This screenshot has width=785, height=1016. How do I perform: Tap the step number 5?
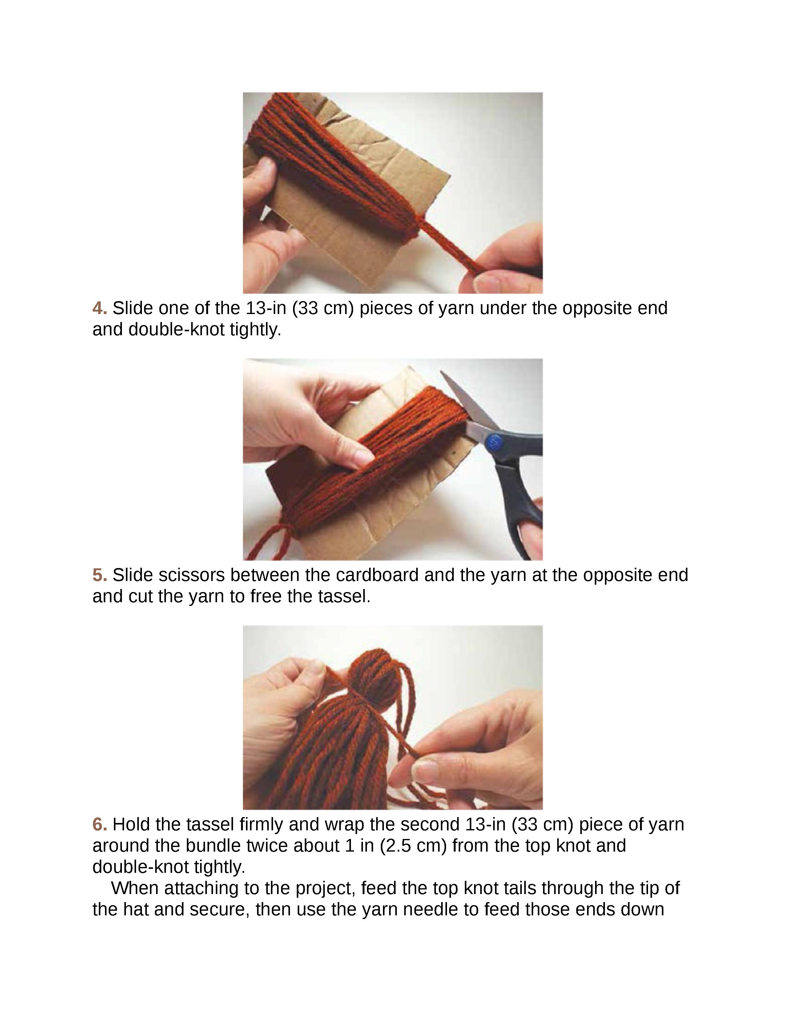(99, 575)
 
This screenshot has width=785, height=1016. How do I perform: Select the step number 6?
(99, 824)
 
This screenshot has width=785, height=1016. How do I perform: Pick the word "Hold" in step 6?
(132, 824)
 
